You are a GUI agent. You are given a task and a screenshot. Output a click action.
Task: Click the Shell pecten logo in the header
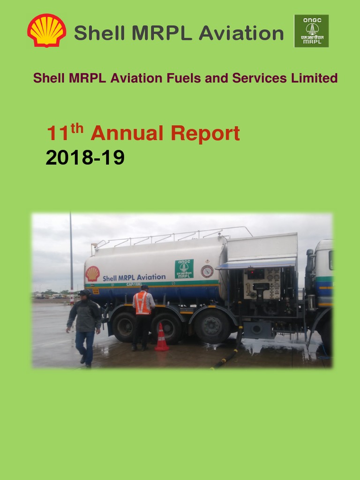tap(46, 30)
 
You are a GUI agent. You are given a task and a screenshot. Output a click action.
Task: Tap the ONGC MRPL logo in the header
tap(311, 31)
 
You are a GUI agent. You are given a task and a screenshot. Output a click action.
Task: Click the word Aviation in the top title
tap(241, 33)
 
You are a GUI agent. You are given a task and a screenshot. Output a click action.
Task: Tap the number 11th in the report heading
tap(65, 133)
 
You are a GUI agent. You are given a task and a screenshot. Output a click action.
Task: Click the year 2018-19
tap(85, 158)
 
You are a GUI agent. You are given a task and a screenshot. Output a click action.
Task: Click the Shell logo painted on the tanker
tap(92, 274)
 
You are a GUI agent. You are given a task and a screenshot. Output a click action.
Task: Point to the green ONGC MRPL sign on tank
tap(184, 269)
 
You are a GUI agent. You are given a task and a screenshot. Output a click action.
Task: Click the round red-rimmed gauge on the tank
tap(207, 271)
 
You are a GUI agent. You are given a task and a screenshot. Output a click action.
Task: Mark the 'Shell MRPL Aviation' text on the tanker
tap(134, 277)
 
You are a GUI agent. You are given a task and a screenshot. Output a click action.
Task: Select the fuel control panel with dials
tap(261, 284)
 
